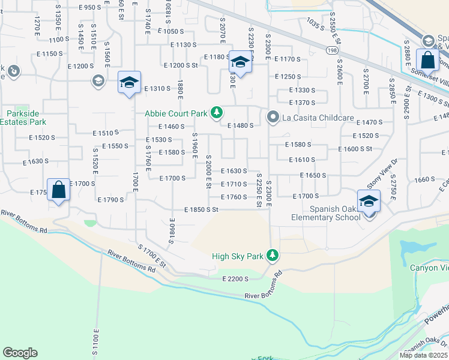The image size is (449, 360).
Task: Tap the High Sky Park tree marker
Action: coord(273,256)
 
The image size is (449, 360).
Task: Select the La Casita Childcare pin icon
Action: coord(272,117)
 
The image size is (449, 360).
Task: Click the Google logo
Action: coord(20,353)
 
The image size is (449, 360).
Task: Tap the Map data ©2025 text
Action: coord(423,355)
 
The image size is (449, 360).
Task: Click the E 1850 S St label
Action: coord(200,209)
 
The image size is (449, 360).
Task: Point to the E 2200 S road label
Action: coord(235,279)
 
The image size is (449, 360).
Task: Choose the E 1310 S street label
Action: coord(158,88)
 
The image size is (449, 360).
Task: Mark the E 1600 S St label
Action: coord(355,149)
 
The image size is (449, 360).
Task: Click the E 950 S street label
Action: coord(90,7)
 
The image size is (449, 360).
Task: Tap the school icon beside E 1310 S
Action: coord(129,83)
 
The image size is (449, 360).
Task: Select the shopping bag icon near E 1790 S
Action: coord(59,190)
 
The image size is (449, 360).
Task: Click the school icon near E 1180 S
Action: coord(240,62)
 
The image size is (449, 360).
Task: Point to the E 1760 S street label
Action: coord(234,197)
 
